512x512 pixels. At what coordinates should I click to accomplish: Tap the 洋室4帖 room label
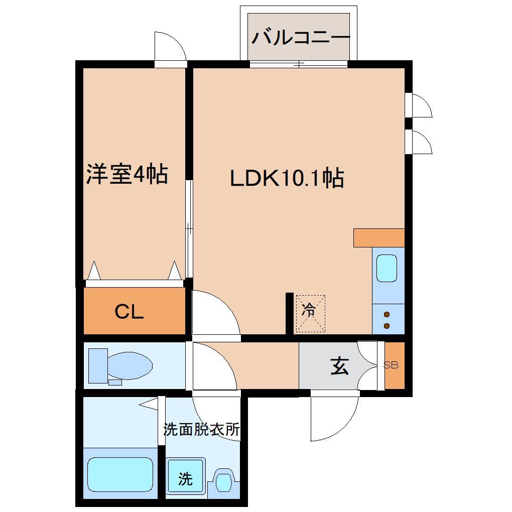click(x=126, y=174)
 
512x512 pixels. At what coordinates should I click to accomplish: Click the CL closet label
click(x=129, y=312)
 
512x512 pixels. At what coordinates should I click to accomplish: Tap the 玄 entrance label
click(x=340, y=367)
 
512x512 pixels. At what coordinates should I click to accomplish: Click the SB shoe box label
click(x=391, y=365)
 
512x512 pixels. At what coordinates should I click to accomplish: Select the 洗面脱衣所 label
click(x=201, y=430)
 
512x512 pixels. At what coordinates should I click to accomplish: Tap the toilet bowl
click(x=129, y=364)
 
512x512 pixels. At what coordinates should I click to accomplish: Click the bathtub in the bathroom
click(x=120, y=475)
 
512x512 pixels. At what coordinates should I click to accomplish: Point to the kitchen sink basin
click(x=387, y=269)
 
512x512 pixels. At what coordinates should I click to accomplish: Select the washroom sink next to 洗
click(x=223, y=481)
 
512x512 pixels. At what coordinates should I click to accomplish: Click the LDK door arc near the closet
click(x=213, y=313)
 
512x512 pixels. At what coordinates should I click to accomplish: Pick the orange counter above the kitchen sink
click(x=378, y=237)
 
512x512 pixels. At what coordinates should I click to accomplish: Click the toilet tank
click(x=96, y=364)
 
